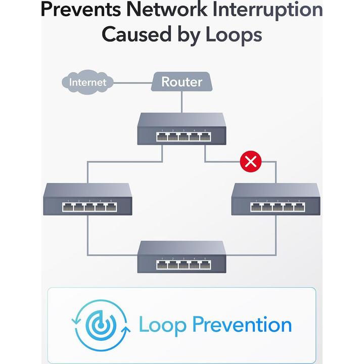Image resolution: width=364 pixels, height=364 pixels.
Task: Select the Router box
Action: [x=181, y=82]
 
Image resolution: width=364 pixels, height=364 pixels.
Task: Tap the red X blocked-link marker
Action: [x=249, y=161]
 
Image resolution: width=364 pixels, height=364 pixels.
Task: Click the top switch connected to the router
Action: [x=181, y=129]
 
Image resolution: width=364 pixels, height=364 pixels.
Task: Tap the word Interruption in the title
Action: [x=268, y=10]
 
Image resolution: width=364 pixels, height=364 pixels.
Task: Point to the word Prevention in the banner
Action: [x=242, y=325]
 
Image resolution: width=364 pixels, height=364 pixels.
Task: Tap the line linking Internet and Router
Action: [x=132, y=81]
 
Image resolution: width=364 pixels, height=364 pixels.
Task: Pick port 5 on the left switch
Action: [x=111, y=207]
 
